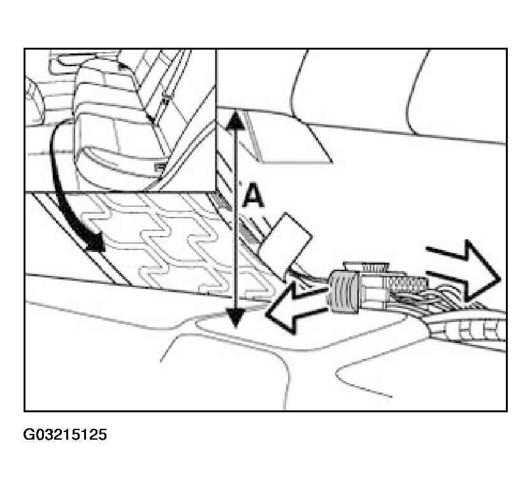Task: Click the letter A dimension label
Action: tap(254, 195)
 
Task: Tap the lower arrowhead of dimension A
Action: tap(235, 319)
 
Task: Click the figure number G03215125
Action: tap(65, 435)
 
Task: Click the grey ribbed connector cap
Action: tap(345, 292)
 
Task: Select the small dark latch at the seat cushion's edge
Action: tap(159, 167)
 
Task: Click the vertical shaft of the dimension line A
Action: tap(236, 219)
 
